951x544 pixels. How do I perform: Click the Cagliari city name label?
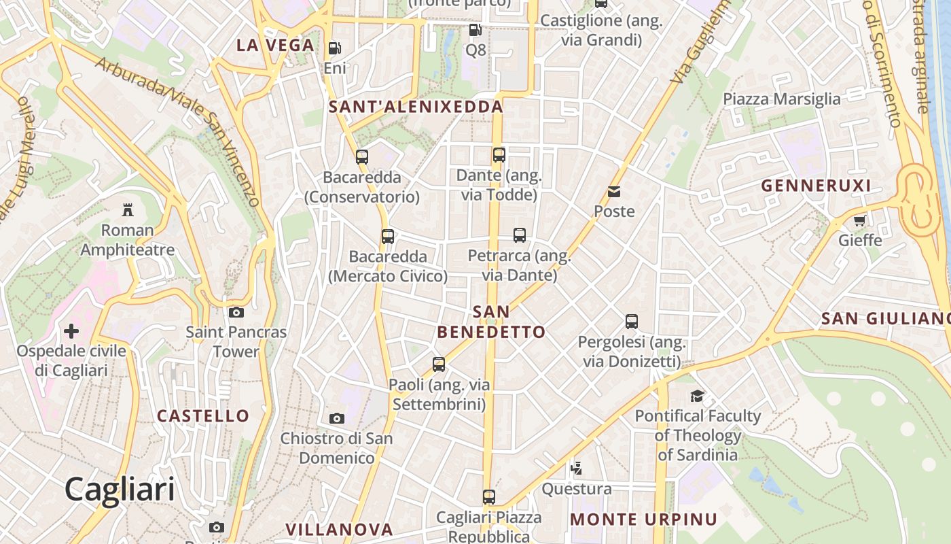coord(120,490)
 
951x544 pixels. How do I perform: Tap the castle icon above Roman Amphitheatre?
coord(127,209)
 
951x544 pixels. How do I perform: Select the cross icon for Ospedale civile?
coord(71,331)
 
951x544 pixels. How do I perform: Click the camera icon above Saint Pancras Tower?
coord(236,312)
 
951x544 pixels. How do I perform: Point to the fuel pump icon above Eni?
coord(334,48)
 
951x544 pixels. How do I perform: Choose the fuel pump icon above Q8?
coord(475,30)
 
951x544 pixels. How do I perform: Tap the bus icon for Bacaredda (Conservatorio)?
coord(361,157)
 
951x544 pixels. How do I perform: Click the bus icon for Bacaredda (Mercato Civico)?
coord(387,237)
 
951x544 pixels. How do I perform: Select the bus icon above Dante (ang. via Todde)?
coord(499,155)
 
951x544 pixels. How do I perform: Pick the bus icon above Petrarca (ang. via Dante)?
coord(519,235)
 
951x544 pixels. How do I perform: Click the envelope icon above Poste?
coord(614,192)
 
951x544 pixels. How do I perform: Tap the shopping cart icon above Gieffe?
coord(859,220)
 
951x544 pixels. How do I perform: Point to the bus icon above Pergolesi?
coord(631,321)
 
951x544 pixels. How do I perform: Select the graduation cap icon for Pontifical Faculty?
coord(697,396)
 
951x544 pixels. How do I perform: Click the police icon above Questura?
coord(576,468)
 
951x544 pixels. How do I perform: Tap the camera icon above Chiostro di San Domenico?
coord(336,418)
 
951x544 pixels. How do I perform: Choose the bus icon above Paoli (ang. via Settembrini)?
coord(438,364)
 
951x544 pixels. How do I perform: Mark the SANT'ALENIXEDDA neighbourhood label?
coord(416,107)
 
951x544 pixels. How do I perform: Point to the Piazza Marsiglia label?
coord(781,99)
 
